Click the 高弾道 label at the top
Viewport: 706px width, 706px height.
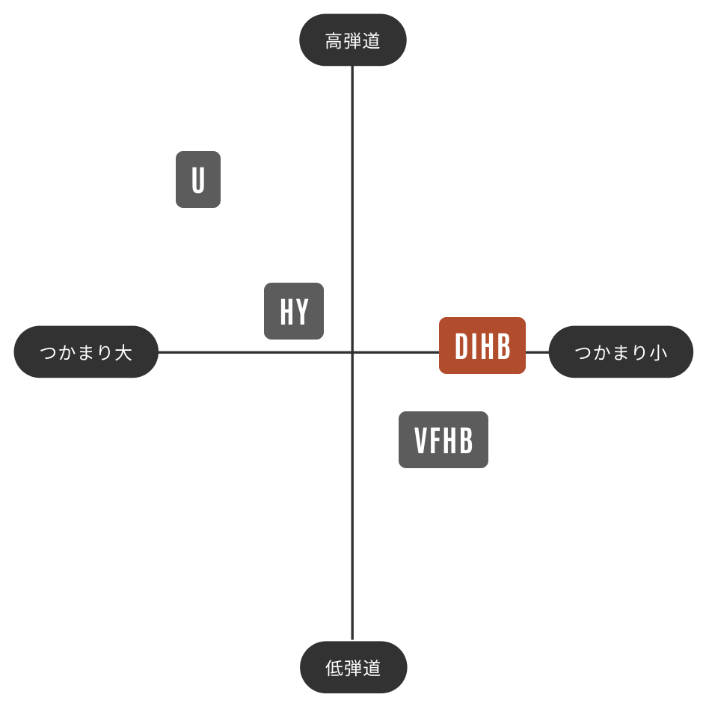[x=352, y=40]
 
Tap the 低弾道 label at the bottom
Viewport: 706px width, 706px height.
[x=354, y=667]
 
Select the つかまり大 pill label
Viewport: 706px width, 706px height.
[x=86, y=352]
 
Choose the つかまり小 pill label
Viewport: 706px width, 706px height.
[x=621, y=352]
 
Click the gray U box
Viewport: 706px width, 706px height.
[x=198, y=179]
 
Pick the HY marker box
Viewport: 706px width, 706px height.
[x=294, y=311]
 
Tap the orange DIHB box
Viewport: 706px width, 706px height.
[x=482, y=346]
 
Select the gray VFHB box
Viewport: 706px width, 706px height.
[x=443, y=440]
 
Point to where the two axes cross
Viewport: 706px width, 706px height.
[x=352, y=352]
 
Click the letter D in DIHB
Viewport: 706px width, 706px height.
[x=461, y=346]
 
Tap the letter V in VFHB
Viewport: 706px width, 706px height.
[x=421, y=440]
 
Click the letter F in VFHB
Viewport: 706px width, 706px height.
[x=435, y=440]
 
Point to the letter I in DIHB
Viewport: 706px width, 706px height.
[x=473, y=346]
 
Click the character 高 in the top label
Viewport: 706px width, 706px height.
[x=334, y=41]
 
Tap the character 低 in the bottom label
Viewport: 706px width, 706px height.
[x=334, y=668]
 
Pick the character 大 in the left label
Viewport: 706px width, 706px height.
[x=123, y=352]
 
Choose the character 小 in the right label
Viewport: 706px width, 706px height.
[x=658, y=352]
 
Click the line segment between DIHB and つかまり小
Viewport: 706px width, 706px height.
[x=537, y=352]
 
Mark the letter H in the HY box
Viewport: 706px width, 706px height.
[x=287, y=312]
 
